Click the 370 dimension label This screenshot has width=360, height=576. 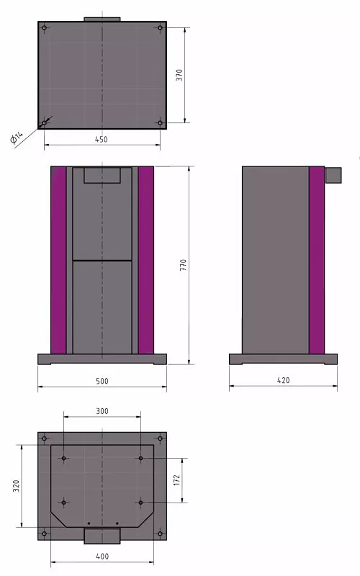[179, 75]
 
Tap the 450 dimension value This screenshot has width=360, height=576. [102, 139]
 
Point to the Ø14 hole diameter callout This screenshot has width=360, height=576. [16, 137]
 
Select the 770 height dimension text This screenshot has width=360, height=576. [184, 265]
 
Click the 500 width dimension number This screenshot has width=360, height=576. [102, 381]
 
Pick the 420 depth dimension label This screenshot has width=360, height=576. [283, 380]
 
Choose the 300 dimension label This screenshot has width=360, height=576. [102, 411]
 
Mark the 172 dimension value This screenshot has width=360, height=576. [176, 480]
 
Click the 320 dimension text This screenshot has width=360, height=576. [16, 485]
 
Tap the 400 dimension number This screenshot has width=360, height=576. [102, 556]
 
